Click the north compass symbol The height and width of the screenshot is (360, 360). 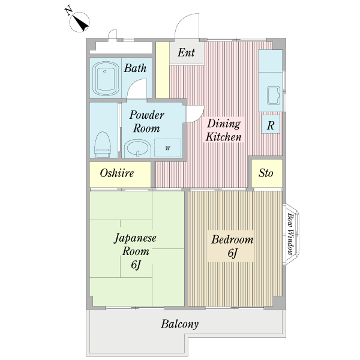79,22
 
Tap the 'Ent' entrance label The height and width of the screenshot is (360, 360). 186,52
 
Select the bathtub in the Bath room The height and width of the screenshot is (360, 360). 106,78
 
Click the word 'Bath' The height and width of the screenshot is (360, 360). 135,68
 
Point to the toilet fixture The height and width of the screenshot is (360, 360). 103,145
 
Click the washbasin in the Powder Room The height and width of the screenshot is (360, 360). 137,148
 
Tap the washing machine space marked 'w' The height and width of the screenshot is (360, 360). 167,148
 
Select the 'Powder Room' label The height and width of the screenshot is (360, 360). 146,121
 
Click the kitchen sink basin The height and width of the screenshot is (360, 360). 274,95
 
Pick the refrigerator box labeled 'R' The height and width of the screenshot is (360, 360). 271,124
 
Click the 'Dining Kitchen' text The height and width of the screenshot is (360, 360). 224,130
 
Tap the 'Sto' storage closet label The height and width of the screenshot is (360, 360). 266,173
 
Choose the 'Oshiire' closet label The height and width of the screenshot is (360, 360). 117,173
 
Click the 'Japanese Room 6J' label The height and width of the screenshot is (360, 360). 136,251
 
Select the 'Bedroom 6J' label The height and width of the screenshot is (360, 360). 232,246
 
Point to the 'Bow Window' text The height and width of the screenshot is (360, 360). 290,234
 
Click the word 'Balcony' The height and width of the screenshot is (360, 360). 180,324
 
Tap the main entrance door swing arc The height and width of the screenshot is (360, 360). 182,20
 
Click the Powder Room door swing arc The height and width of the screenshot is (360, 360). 198,114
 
